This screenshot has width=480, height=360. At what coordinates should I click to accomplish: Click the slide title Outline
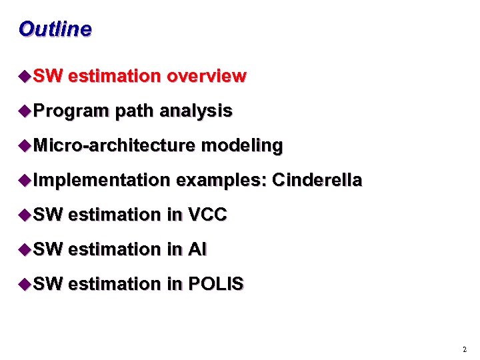(55, 29)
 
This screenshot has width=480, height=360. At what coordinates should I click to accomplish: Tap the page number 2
(464, 349)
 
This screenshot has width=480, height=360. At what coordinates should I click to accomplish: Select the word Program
(71, 111)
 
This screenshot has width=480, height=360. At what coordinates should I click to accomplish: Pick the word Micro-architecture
(114, 145)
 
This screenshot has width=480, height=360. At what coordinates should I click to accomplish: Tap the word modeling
(242, 145)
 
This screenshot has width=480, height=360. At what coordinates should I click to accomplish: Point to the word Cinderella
(317, 180)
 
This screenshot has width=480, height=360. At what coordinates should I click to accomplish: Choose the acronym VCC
(208, 215)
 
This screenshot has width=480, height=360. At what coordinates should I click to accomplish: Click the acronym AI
(198, 249)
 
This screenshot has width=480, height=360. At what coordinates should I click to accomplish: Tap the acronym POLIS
(216, 284)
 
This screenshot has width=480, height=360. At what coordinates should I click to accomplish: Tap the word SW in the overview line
(47, 76)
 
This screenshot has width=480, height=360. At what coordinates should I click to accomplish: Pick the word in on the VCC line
(175, 215)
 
